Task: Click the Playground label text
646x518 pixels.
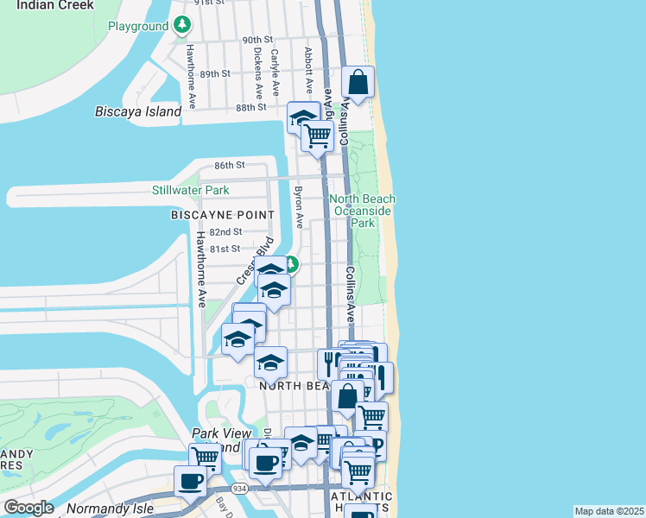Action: click(x=137, y=27)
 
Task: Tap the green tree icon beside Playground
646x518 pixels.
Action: click(x=181, y=25)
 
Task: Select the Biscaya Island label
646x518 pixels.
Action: click(x=138, y=111)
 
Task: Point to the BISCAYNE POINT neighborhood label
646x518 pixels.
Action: click(x=223, y=214)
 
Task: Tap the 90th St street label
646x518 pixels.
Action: click(x=256, y=41)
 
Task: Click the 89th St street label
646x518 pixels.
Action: click(x=214, y=74)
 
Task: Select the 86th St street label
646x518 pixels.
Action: click(x=231, y=165)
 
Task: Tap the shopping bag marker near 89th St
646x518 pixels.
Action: click(x=358, y=83)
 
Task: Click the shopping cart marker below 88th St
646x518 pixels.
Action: click(x=317, y=136)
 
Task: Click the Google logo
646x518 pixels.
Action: click(x=28, y=508)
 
